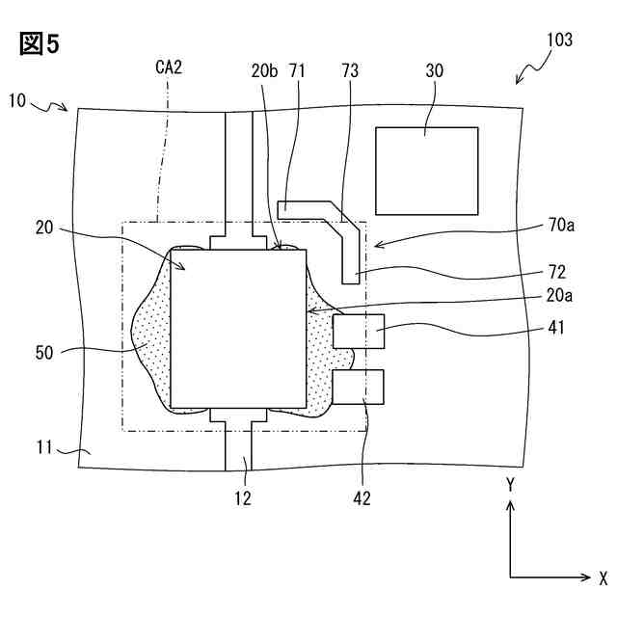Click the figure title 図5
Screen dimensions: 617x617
(x=40, y=43)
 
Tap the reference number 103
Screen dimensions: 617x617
(x=559, y=40)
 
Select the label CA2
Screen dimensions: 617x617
(x=169, y=67)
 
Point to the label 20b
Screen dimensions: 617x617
(x=264, y=70)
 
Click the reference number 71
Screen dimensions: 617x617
(x=298, y=70)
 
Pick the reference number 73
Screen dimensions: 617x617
(x=350, y=70)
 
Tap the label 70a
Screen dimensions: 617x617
(x=561, y=225)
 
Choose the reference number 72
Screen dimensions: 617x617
(x=557, y=272)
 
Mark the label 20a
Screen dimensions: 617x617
(x=559, y=295)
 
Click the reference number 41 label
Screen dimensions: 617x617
(x=556, y=328)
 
